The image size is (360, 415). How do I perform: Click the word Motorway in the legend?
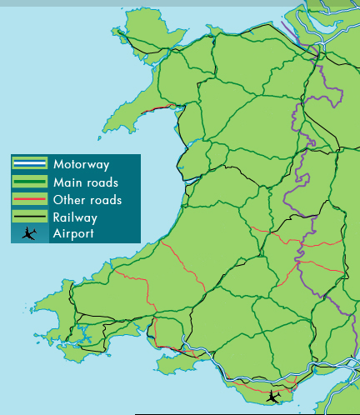(81, 164)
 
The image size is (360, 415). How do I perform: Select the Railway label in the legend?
(75, 217)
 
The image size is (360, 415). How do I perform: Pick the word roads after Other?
(105, 200)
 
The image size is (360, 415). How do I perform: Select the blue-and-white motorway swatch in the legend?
(29, 164)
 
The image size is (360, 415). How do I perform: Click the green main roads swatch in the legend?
(29, 182)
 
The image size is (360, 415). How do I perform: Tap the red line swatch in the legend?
(29, 200)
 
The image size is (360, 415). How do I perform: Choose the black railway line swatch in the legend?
(29, 217)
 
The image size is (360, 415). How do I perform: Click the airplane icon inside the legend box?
(30, 233)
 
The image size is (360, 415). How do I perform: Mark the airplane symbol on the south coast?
(272, 397)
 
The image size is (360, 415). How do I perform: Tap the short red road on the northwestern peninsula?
(158, 107)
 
